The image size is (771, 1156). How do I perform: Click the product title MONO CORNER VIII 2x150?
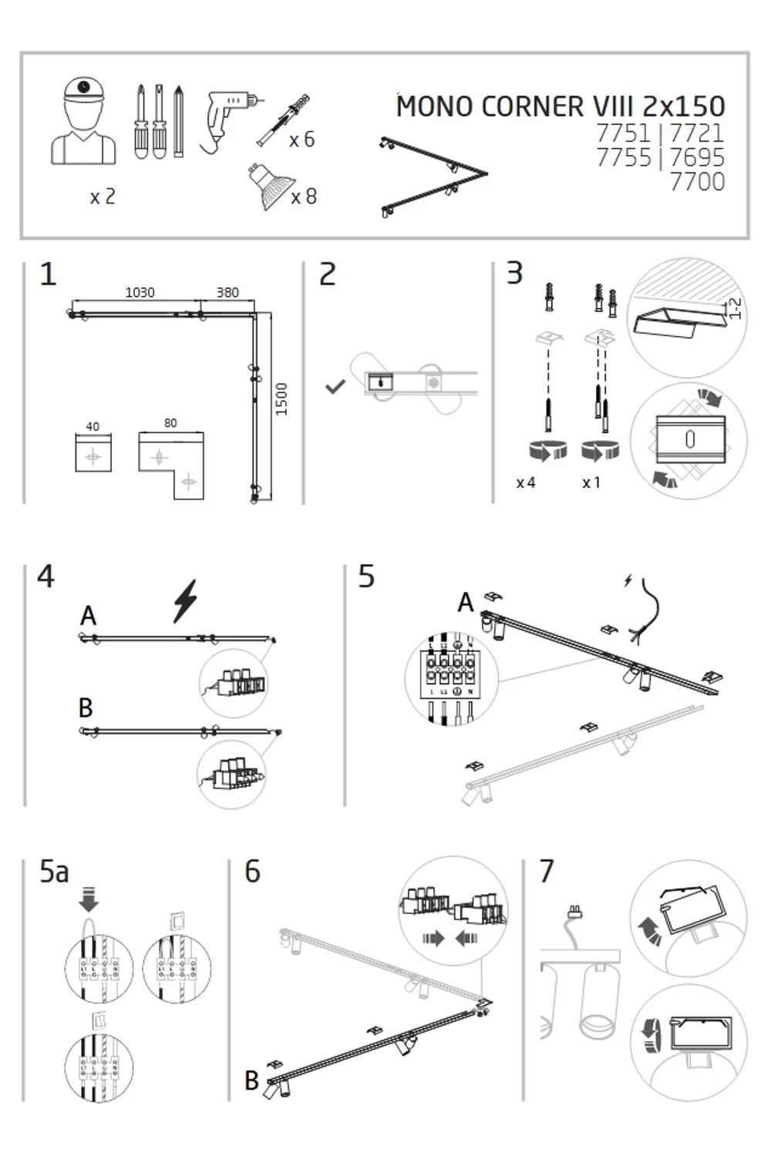(561, 106)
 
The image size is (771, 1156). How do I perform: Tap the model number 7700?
(697, 182)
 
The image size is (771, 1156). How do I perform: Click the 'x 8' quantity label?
(304, 197)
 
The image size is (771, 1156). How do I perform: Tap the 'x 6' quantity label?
(302, 139)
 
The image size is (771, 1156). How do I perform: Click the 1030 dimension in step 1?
(140, 293)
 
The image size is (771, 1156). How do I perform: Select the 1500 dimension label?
(281, 399)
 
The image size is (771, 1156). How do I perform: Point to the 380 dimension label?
(227, 293)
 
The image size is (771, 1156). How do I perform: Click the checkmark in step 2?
(335, 386)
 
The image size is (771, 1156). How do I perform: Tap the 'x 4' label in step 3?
(526, 483)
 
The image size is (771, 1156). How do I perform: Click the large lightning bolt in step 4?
(185, 600)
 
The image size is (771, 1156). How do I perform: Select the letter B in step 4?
(86, 707)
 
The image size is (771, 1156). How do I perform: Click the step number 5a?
(54, 872)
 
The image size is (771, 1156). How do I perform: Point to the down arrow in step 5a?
(89, 899)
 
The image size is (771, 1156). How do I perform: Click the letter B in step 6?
(251, 1080)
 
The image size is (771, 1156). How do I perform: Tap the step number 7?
(547, 872)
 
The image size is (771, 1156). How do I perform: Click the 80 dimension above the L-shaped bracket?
(170, 423)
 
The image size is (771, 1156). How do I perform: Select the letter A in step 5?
(465, 603)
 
